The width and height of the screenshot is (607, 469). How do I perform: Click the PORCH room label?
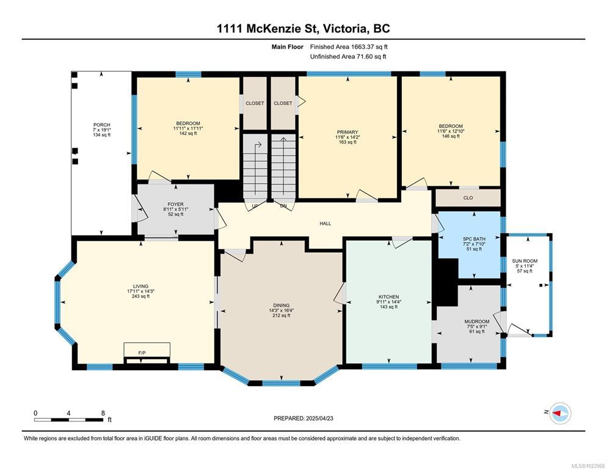(102, 125)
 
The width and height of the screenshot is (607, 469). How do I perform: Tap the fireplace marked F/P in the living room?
(147, 353)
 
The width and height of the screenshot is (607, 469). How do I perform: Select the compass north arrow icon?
(560, 413)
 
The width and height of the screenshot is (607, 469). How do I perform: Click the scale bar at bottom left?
(69, 420)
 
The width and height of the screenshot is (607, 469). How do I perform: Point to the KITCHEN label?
(388, 297)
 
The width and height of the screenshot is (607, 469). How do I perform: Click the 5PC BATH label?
(474, 239)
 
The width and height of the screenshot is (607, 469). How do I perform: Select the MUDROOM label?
(477, 321)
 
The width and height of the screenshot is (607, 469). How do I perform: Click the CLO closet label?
(468, 198)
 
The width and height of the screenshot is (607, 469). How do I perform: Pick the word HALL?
(325, 224)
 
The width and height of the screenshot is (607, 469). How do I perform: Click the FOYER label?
(175, 204)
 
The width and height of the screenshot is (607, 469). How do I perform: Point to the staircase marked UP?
(255, 168)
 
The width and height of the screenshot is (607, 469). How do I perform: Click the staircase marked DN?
(283, 168)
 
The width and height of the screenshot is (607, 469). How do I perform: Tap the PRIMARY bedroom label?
(347, 132)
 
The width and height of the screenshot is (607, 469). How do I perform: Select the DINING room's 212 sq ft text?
(282, 316)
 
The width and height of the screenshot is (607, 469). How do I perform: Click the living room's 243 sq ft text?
(140, 296)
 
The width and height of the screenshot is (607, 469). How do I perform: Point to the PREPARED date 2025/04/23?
(303, 418)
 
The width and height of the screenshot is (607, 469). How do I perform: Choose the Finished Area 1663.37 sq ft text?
(349, 47)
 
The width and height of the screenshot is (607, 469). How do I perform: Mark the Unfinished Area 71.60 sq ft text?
(348, 57)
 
